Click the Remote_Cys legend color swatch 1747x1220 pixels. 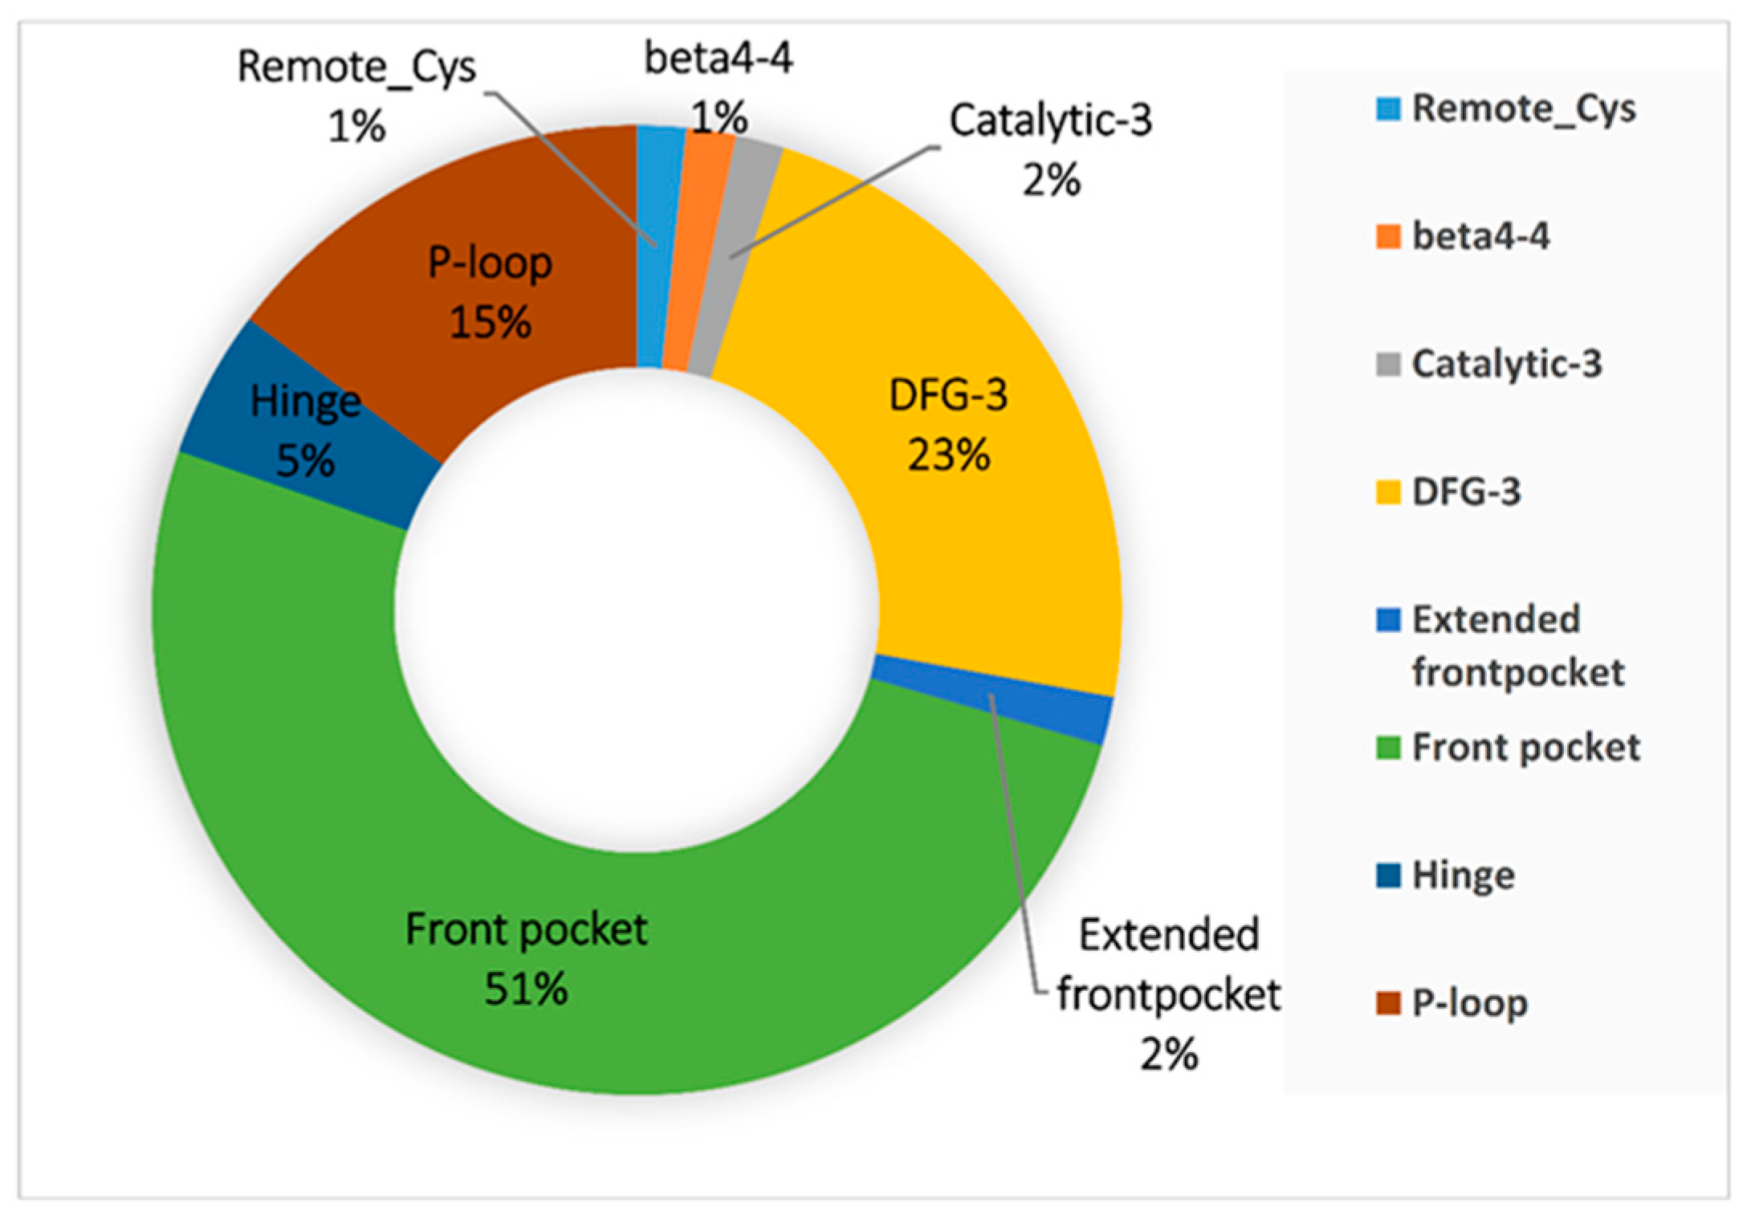tap(1388, 109)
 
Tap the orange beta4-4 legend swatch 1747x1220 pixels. tap(1388, 237)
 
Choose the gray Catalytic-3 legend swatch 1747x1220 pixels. tap(1388, 365)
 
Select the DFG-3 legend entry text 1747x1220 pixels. tap(1466, 492)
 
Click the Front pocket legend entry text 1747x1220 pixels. tap(1525, 748)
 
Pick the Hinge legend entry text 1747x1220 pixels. tap(1463, 875)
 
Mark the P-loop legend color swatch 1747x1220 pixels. tap(1388, 1003)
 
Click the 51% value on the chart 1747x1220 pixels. tap(526, 989)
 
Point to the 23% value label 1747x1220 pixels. tap(948, 455)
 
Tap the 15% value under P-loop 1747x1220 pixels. tap(490, 322)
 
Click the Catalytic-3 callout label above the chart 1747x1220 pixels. tap(1050, 120)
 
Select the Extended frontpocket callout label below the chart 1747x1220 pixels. tap(1168, 965)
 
